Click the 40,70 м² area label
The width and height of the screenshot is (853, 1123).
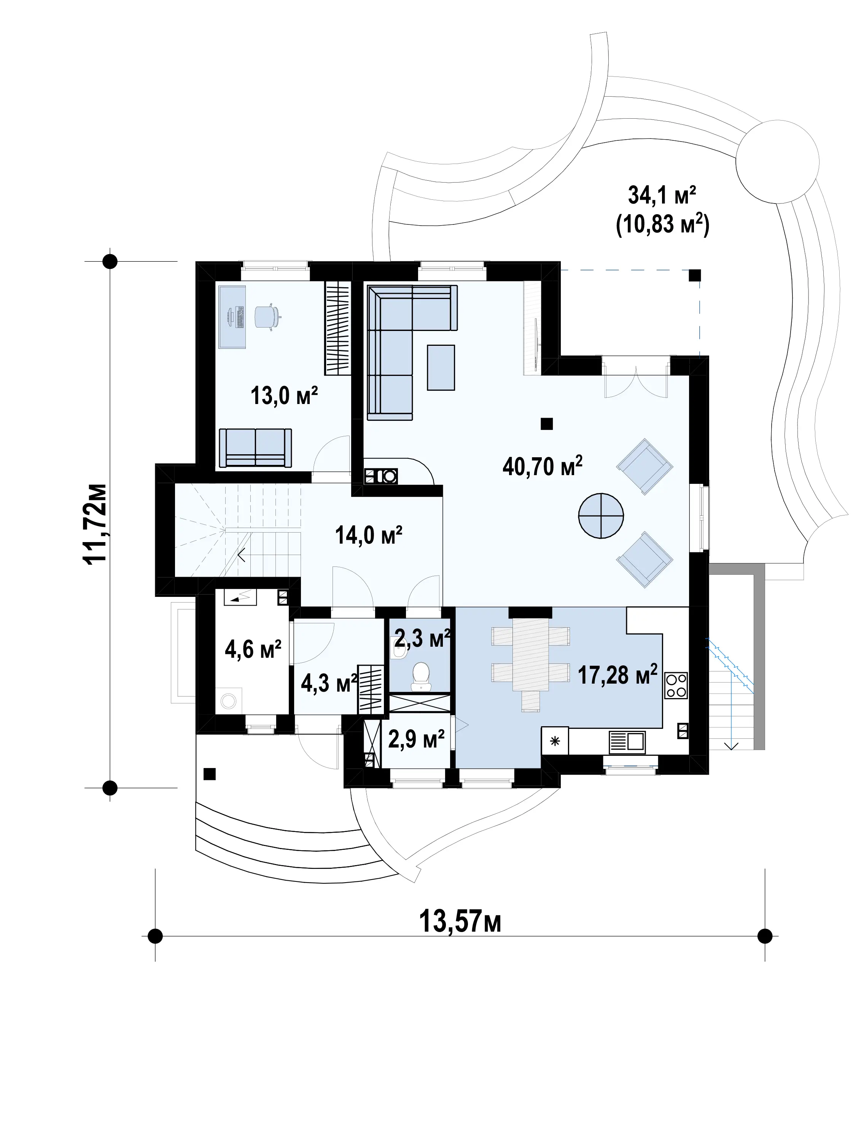[542, 466]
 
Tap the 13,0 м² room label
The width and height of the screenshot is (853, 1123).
[284, 396]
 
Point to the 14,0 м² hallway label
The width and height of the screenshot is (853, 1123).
[369, 535]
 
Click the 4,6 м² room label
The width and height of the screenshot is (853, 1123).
[253, 649]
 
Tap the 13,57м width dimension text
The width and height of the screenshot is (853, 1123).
[460, 921]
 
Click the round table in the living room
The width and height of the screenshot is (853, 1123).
[601, 516]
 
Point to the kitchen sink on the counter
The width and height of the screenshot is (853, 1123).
[627, 742]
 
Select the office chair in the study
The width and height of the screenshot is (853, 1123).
[267, 317]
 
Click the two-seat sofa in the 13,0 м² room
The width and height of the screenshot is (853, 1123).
[255, 447]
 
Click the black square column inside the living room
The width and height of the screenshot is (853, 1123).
[546, 423]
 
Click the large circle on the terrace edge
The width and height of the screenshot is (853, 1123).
[777, 161]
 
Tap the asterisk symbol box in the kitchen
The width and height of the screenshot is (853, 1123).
[555, 741]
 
